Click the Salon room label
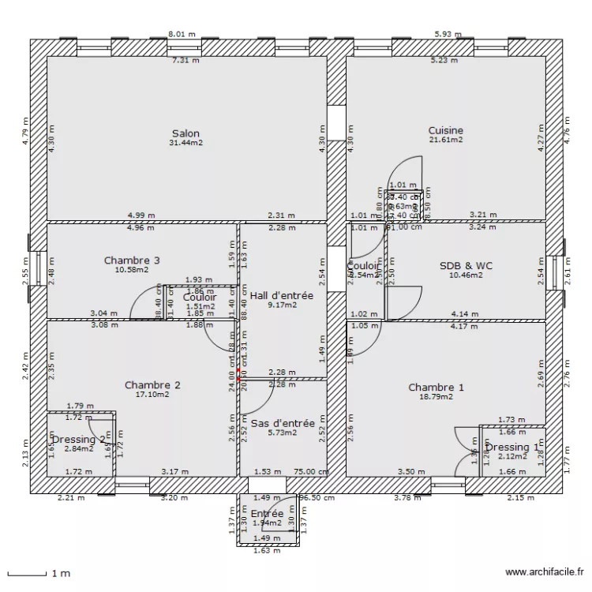click(x=185, y=133)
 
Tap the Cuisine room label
click(x=446, y=130)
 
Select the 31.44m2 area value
click(x=185, y=143)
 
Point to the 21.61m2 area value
click(x=446, y=140)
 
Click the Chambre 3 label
click(x=132, y=260)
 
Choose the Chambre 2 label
click(x=152, y=385)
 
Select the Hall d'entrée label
click(x=282, y=296)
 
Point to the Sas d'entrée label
click(x=283, y=423)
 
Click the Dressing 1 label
click(x=512, y=448)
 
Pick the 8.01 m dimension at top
click(x=182, y=35)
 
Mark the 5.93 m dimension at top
click(x=448, y=35)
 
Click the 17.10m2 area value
click(x=152, y=395)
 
